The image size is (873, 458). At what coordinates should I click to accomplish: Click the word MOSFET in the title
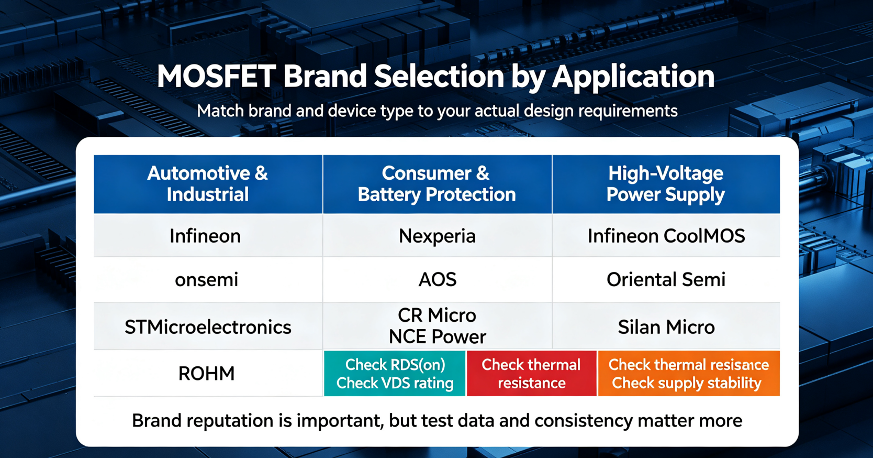point(216,77)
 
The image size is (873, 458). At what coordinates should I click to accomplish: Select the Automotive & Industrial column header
point(208,184)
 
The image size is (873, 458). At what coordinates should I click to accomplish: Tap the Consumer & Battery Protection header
point(437,184)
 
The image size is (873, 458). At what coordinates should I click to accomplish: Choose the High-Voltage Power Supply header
point(666,184)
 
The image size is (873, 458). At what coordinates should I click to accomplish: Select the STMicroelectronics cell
point(208,326)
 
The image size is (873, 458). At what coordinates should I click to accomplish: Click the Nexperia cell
point(437,235)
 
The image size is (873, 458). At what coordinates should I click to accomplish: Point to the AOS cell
point(437,279)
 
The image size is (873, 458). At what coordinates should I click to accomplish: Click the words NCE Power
point(437,336)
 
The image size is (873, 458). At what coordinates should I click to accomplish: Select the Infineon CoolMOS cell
point(666,235)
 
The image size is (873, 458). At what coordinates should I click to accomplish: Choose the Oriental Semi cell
point(666,279)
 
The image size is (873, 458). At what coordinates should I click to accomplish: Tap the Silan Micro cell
point(666,326)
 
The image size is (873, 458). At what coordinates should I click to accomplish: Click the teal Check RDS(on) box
point(395,373)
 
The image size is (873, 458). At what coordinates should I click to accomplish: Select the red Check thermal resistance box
point(532,373)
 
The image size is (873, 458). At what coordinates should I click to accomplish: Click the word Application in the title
point(633,77)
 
